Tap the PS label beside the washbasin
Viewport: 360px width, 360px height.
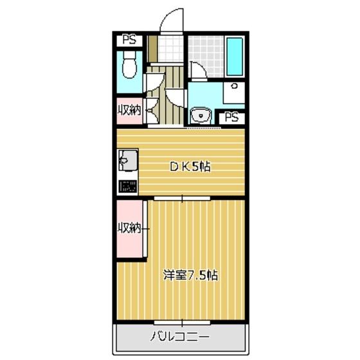233,118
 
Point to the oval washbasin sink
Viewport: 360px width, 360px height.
201,116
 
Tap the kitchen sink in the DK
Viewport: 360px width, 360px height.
126,159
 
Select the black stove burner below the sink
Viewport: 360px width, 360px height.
127,187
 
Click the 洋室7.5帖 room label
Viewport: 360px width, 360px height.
190,276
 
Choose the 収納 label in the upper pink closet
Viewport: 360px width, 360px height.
129,110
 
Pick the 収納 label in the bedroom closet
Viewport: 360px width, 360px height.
129,228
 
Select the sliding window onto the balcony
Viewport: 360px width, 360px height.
182,321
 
